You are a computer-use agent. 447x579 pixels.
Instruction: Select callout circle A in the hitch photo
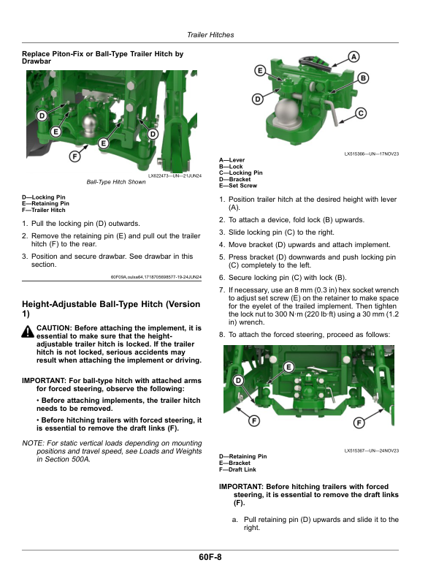point(354,56)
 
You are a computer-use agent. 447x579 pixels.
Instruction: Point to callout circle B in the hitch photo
point(363,78)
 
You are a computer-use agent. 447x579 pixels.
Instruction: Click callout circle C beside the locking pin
point(361,113)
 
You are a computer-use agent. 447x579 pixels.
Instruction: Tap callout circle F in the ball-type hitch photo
point(74,156)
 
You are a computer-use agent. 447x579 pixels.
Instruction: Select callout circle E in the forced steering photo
point(289,366)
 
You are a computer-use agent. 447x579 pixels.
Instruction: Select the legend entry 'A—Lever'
point(232,160)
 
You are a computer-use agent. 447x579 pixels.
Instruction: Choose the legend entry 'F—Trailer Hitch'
point(44,210)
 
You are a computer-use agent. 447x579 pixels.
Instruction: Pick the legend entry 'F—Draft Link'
point(238,470)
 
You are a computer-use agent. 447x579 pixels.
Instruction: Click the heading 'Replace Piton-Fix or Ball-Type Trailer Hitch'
point(102,54)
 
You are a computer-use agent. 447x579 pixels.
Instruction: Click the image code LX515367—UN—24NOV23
point(371,450)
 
